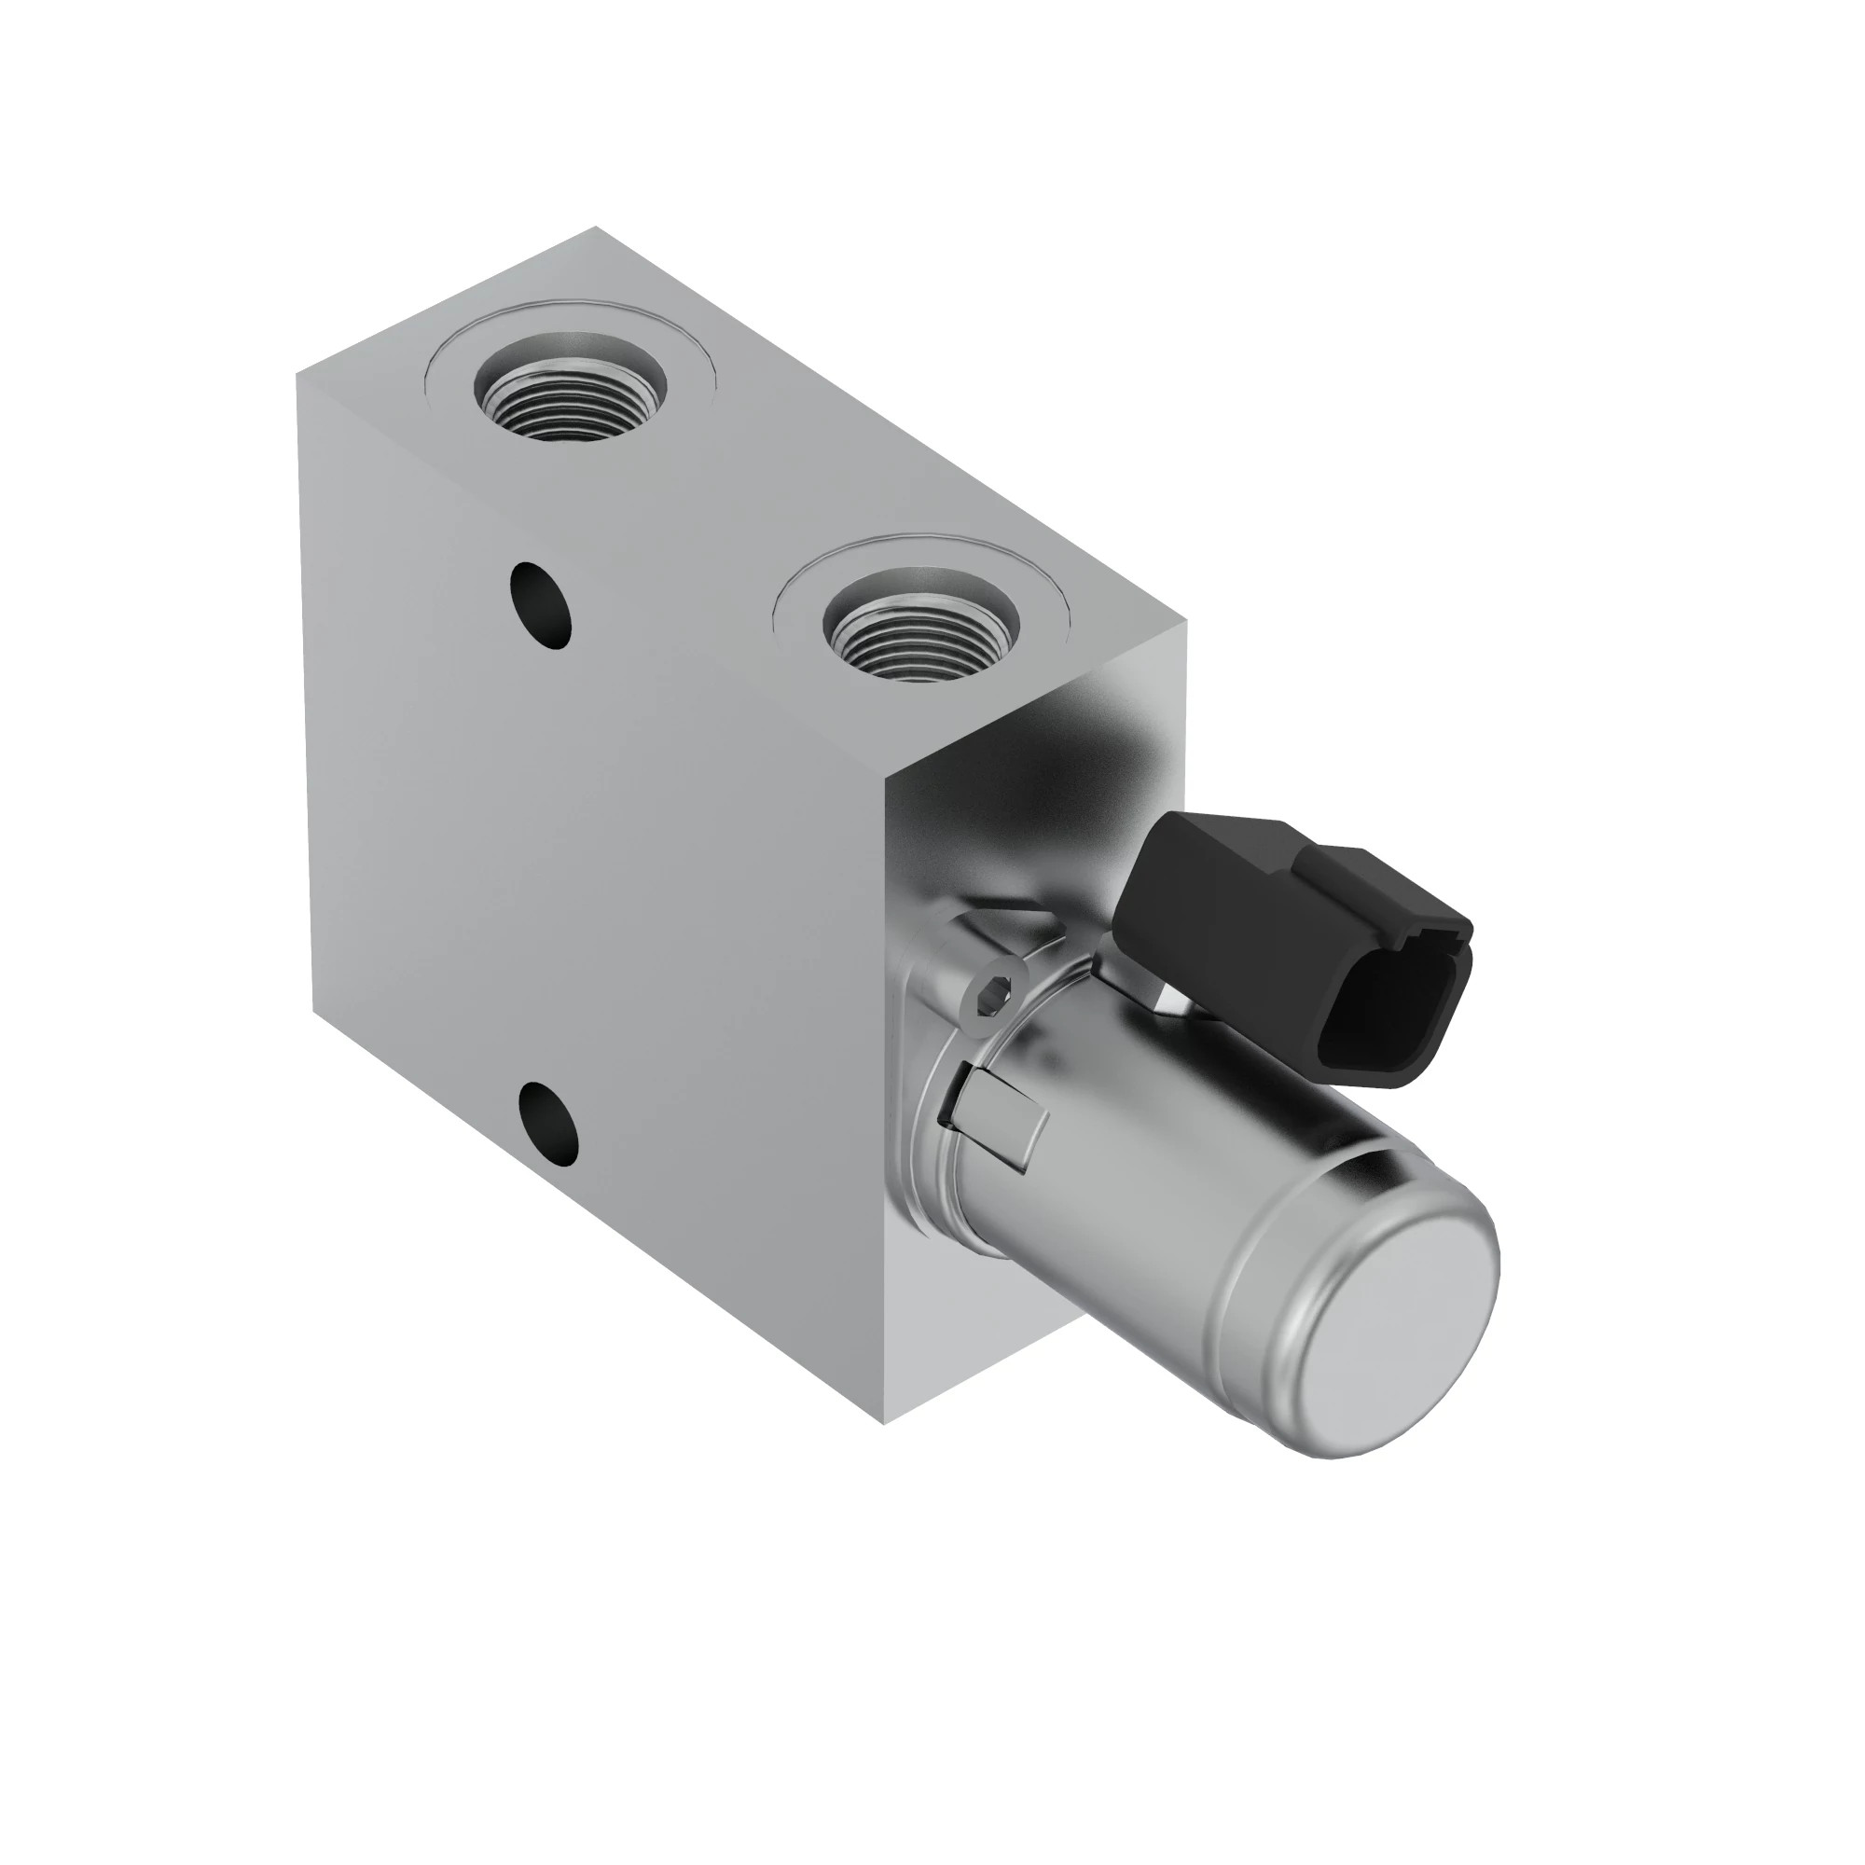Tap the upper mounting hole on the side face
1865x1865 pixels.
click(x=542, y=605)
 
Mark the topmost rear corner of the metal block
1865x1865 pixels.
click(x=596, y=228)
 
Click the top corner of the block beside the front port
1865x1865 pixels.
click(x=1185, y=623)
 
